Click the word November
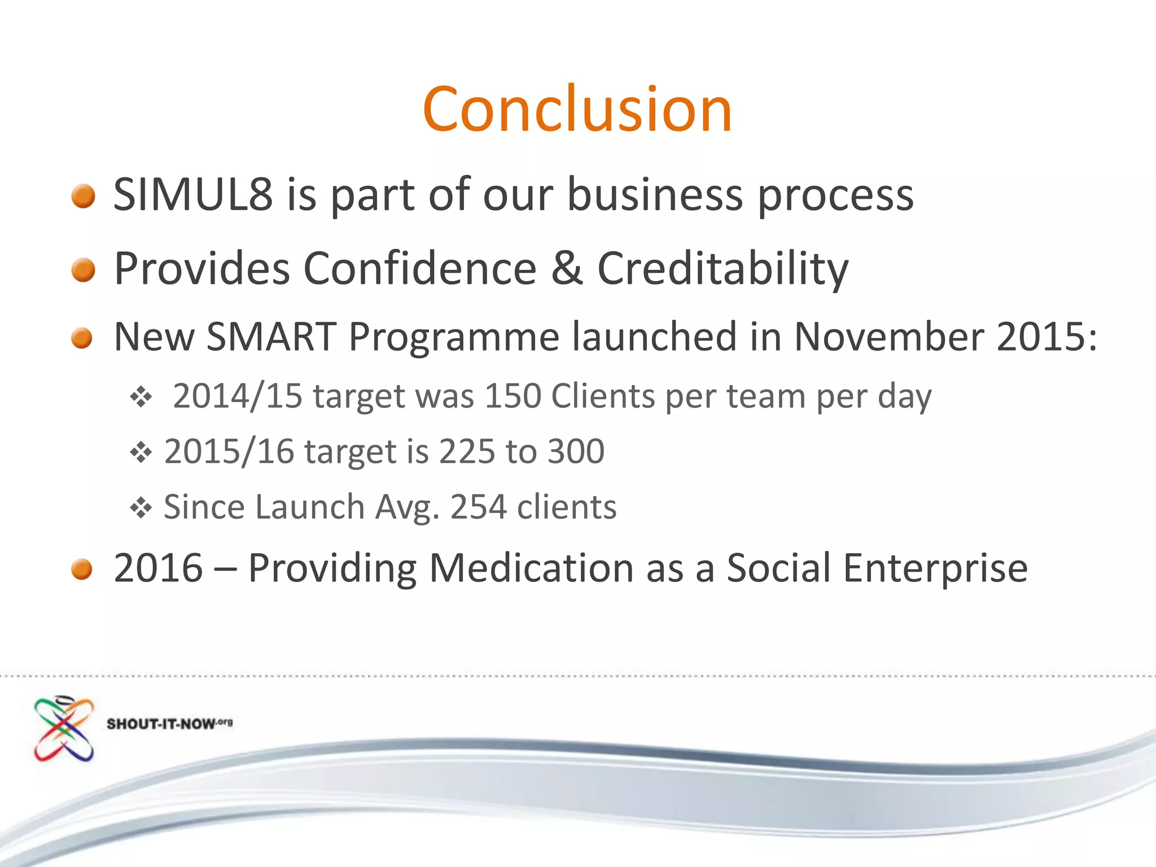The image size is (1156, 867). click(888, 337)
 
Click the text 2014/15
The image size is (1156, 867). click(238, 396)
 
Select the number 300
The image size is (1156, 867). click(576, 452)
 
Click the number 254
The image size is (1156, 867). click(478, 507)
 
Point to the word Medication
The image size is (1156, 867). click(531, 568)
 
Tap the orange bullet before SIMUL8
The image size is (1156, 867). click(84, 196)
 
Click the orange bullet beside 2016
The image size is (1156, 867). click(82, 569)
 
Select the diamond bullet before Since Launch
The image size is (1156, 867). click(141, 507)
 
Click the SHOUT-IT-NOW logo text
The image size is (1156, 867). click(169, 724)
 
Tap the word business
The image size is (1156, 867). click(655, 195)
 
